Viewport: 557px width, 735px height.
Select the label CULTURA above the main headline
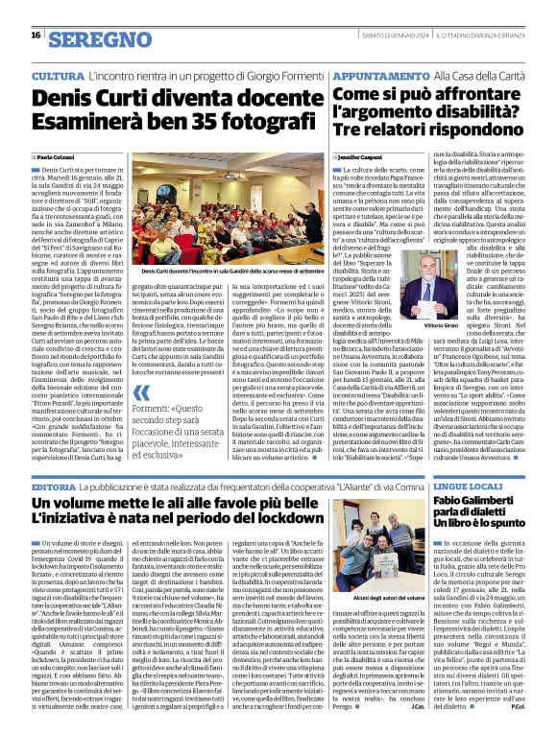point(57,75)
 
